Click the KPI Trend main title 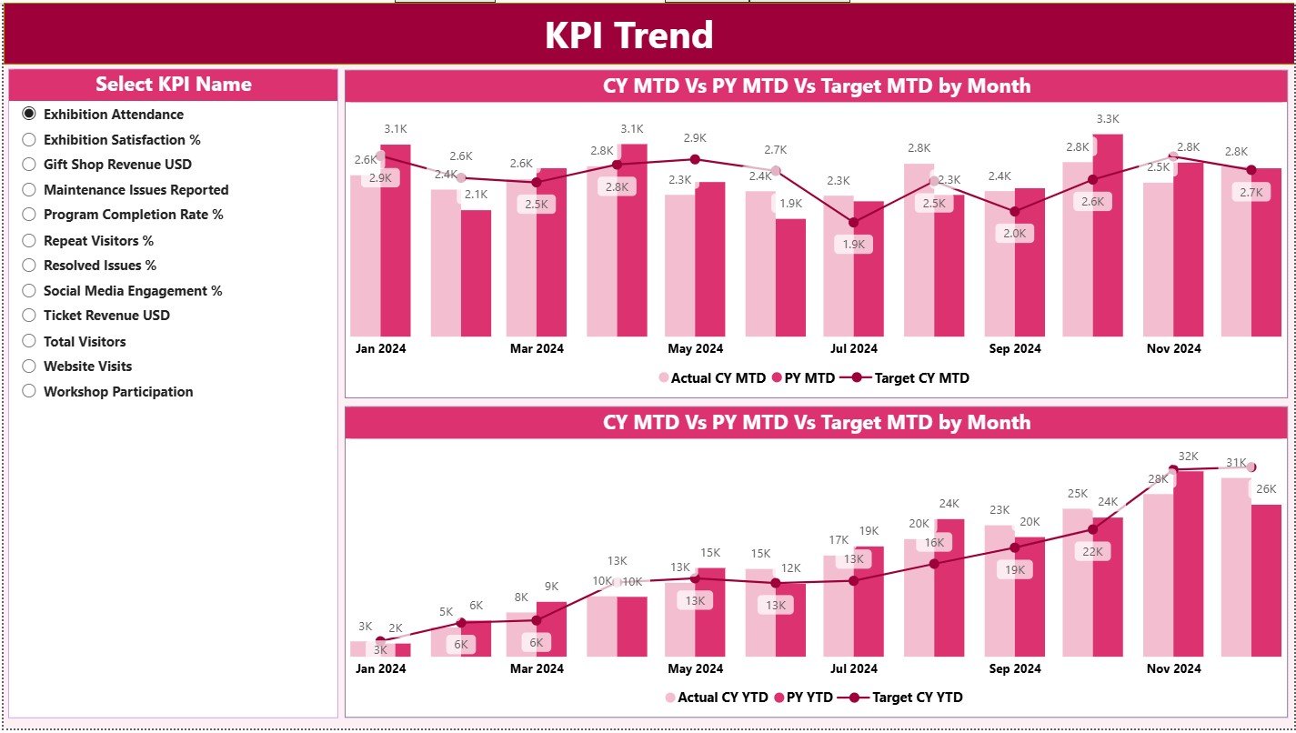pos(628,35)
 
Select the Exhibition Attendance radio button pos(29,114)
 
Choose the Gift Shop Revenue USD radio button pos(29,165)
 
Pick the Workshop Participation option pos(29,391)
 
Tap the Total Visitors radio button pos(29,341)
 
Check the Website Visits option pos(29,366)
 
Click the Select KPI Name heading pos(173,85)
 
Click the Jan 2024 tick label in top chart pos(380,348)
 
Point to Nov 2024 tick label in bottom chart pos(1173,668)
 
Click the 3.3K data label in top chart pos(1108,119)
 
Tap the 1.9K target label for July pos(853,245)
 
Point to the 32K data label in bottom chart pos(1188,456)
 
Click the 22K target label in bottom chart pos(1092,551)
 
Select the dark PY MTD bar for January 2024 pos(396,240)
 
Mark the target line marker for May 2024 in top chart pos(695,159)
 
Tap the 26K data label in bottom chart pos(1265,489)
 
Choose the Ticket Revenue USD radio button pos(29,316)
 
